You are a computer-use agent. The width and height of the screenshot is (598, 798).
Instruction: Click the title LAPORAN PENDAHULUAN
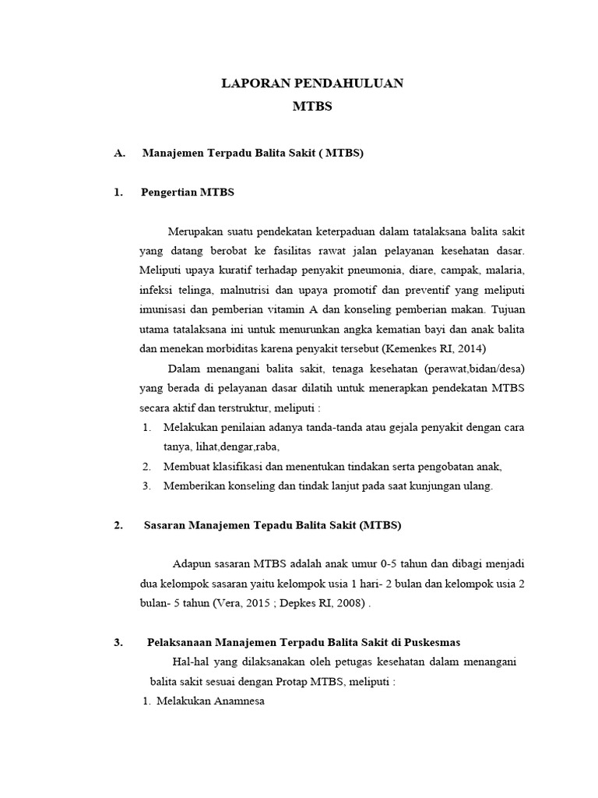coord(312,83)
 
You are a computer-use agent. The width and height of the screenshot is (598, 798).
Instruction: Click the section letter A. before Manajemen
coord(119,154)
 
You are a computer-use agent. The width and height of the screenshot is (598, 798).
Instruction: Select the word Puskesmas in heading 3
coord(433,642)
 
